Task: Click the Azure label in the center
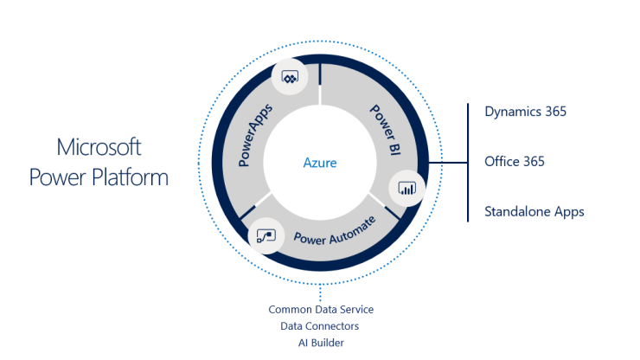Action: [319, 163]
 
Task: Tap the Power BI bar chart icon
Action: [406, 188]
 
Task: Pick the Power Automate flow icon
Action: [264, 235]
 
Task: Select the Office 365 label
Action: [515, 161]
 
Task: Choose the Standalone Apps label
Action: [534, 211]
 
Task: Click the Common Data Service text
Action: [319, 309]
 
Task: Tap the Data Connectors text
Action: [319, 325]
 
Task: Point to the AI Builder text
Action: [319, 342]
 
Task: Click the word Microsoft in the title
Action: [99, 145]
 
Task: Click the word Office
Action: [502, 161]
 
